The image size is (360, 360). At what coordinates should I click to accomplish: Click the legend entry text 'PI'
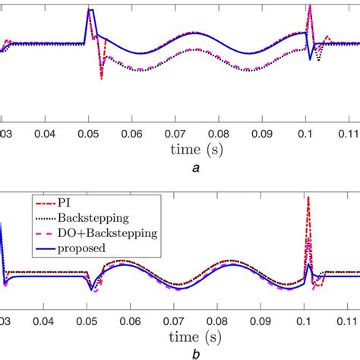point(73,203)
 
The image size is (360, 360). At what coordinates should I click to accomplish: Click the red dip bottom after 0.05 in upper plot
point(101,77)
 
